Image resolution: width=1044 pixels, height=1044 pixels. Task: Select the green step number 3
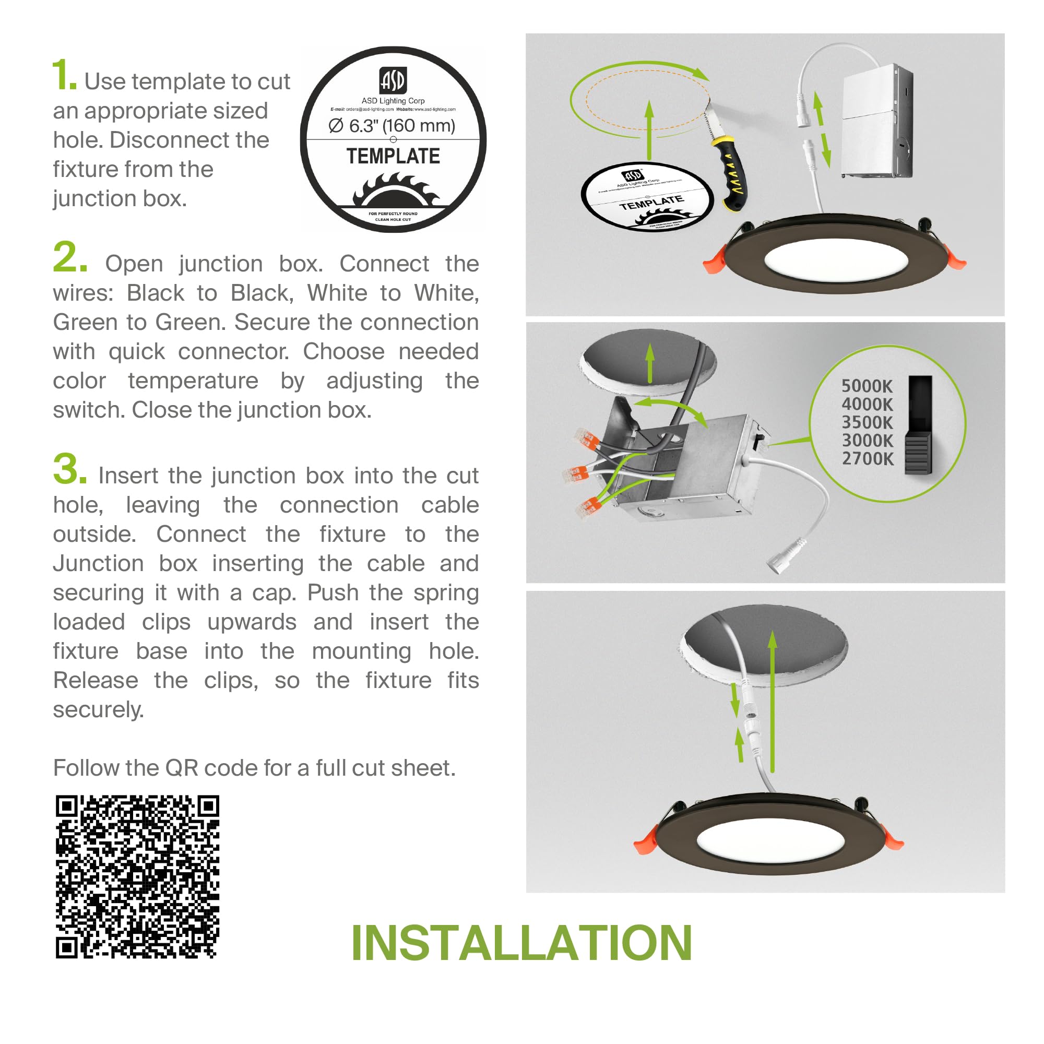pos(69,469)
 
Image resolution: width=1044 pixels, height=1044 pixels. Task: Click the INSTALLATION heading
pos(521,943)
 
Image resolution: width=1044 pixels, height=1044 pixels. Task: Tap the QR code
pos(137,876)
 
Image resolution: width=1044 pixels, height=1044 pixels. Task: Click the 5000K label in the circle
pos(867,386)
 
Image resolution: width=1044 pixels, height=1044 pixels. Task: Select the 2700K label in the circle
pos(867,459)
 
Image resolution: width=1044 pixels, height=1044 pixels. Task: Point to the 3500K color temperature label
pos(867,423)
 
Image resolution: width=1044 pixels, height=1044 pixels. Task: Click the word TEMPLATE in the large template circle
pos(393,156)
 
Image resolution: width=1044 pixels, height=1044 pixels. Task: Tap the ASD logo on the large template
pos(393,80)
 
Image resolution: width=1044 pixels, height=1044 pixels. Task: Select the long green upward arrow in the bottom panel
pos(773,703)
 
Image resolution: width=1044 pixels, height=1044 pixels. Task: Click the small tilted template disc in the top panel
pos(647,197)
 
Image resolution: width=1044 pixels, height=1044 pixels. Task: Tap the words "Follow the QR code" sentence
pos(254,768)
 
